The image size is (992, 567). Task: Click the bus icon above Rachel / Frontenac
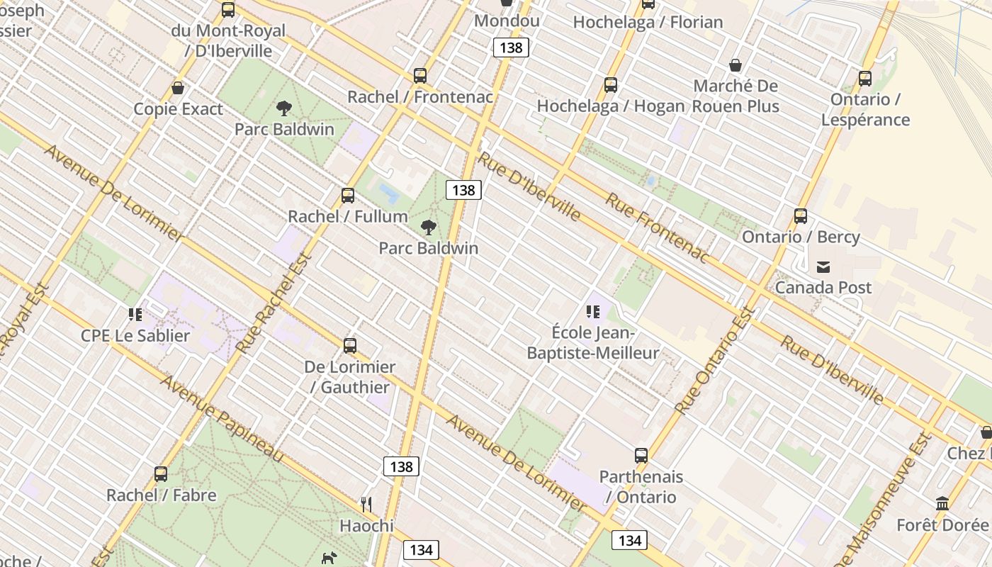(x=420, y=76)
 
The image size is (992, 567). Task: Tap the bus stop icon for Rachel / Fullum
(x=348, y=196)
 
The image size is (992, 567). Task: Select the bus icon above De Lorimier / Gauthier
(x=350, y=346)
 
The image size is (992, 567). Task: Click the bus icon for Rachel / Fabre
(x=161, y=474)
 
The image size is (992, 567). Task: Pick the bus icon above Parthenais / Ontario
(x=641, y=456)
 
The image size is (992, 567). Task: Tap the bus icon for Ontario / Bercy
(x=801, y=216)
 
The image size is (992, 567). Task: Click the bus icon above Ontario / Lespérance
(x=865, y=79)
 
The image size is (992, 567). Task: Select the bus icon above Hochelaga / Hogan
(x=611, y=85)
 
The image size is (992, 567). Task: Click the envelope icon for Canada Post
(x=823, y=267)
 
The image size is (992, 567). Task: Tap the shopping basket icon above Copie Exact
(x=178, y=88)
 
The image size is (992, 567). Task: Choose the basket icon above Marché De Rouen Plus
(x=735, y=65)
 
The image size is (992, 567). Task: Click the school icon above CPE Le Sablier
(x=135, y=314)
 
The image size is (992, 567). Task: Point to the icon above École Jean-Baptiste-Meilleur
(x=593, y=311)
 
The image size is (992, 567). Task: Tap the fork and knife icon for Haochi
(x=366, y=505)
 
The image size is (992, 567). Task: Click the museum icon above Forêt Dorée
(x=942, y=504)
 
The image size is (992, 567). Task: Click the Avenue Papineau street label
(x=221, y=418)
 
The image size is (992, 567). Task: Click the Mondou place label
(x=507, y=21)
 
